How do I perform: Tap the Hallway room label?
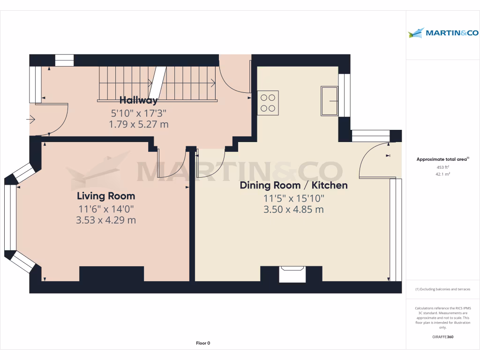[138, 100]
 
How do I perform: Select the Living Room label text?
[106, 196]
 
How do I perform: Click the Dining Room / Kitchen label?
[293, 185]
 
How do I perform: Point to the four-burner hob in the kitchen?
[268, 103]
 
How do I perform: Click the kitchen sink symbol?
[329, 100]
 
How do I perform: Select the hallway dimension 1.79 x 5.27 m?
[138, 124]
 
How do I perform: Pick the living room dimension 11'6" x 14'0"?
[106, 209]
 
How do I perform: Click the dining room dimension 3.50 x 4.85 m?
[293, 210]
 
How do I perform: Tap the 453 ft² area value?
[442, 167]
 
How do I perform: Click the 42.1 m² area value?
[442, 173]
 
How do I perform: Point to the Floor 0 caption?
[203, 343]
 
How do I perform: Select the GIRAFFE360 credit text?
[442, 337]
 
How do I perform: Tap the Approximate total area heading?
[442, 159]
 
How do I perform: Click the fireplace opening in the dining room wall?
[292, 274]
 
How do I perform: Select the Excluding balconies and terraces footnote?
[442, 289]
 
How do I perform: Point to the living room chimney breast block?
[112, 274]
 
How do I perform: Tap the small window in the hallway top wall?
[65, 60]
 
